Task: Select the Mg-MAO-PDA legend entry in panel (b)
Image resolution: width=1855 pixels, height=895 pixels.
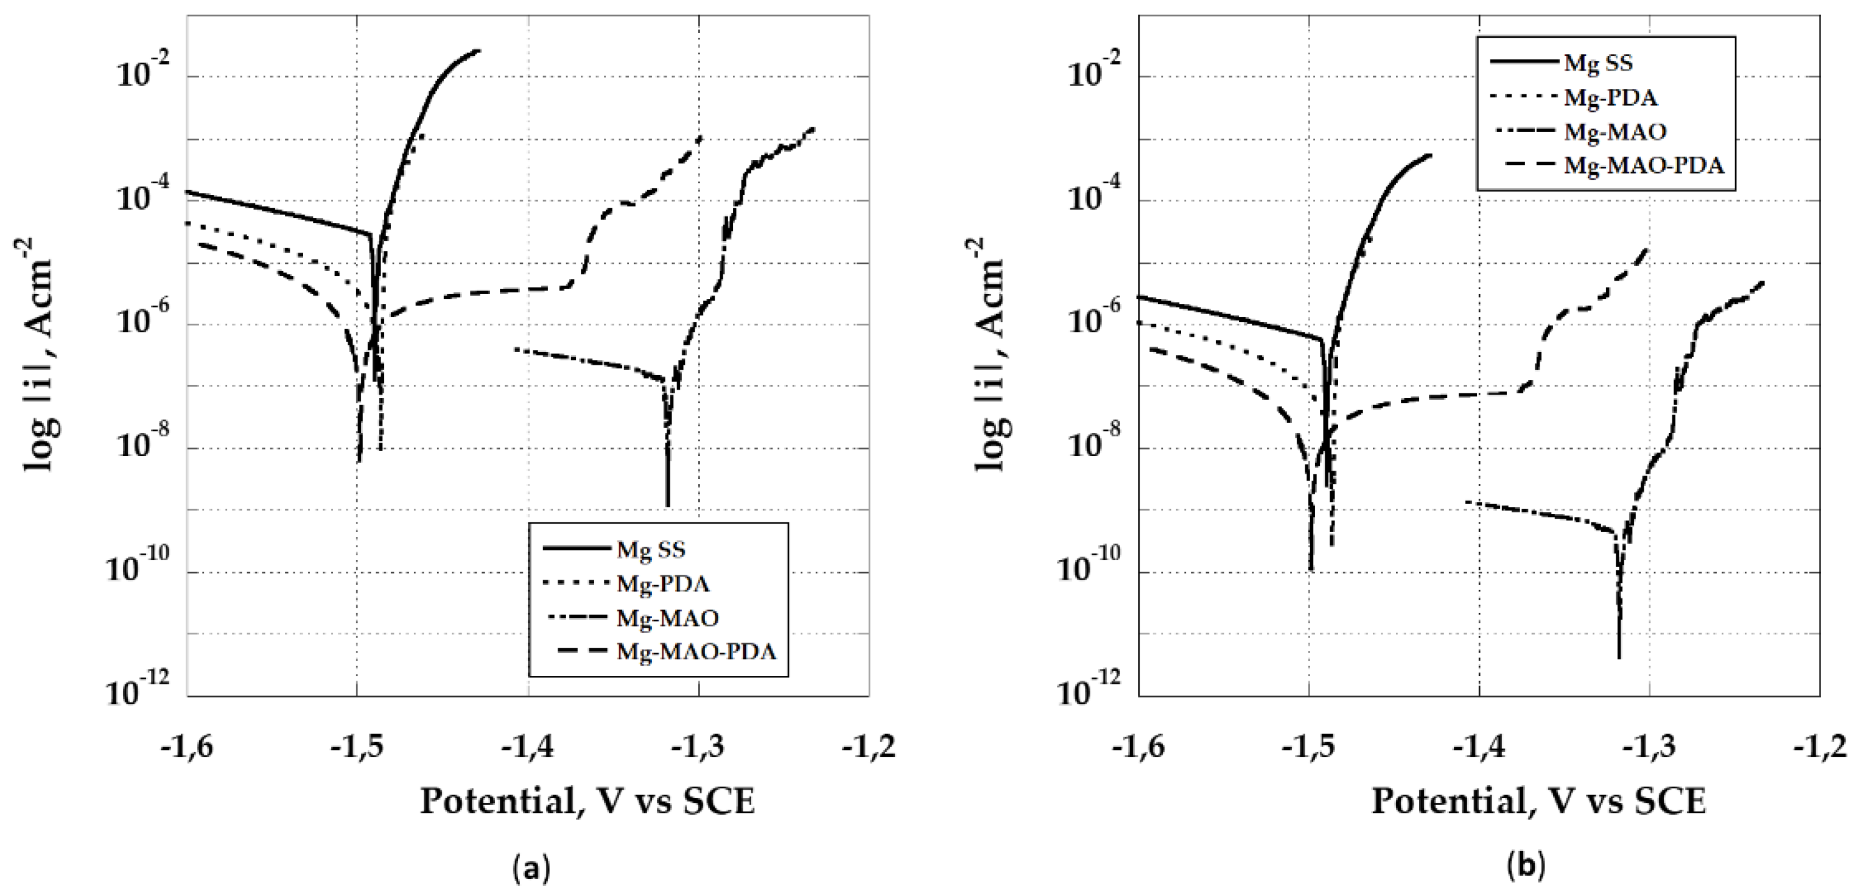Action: click(x=1643, y=166)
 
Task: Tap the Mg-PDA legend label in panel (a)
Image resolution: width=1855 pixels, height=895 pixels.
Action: click(x=662, y=583)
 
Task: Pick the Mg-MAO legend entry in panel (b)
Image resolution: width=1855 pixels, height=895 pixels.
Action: click(x=1614, y=132)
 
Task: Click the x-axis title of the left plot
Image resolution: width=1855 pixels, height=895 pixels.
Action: click(x=587, y=801)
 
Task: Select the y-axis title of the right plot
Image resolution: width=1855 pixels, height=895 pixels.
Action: click(x=991, y=355)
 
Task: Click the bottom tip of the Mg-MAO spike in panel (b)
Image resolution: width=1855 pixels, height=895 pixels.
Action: click(x=1619, y=657)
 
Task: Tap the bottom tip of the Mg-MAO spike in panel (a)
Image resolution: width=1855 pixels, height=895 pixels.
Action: click(x=668, y=505)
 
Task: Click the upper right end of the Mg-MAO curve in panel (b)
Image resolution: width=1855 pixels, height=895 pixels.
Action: click(x=1763, y=283)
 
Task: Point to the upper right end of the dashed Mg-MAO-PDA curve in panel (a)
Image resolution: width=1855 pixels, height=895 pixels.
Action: click(x=700, y=137)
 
